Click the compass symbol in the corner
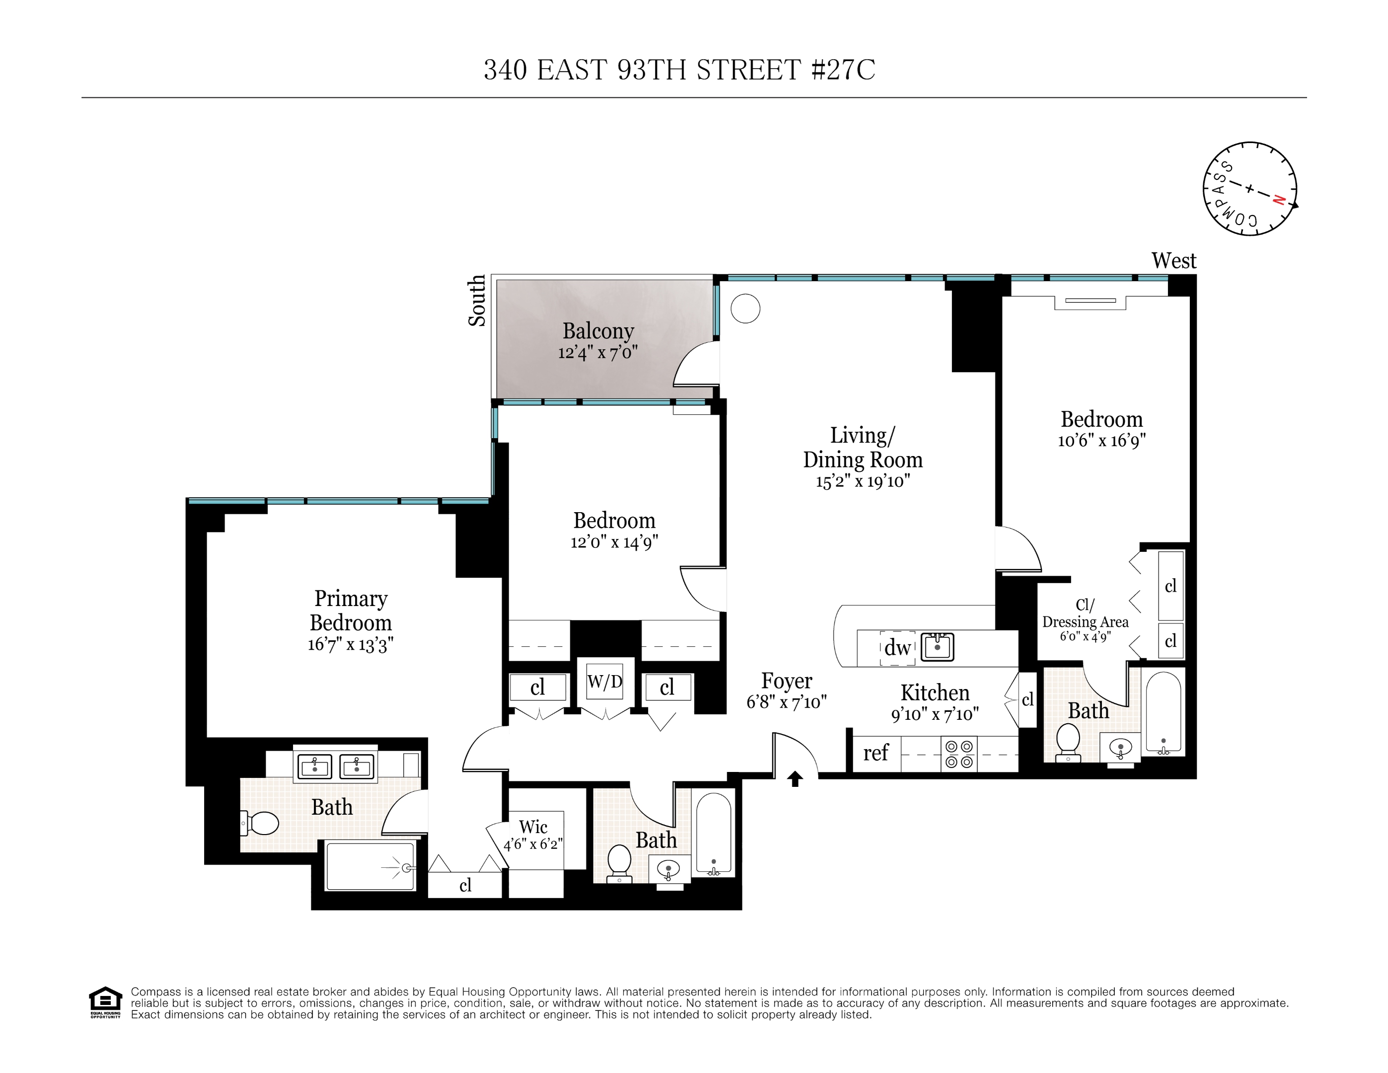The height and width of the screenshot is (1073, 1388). pyautogui.click(x=1249, y=189)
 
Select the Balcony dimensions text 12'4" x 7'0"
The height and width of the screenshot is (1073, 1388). pyautogui.click(x=597, y=353)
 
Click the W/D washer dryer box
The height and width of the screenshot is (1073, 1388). pyautogui.click(x=604, y=682)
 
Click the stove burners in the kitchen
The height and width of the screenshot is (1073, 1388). pyautogui.click(x=959, y=754)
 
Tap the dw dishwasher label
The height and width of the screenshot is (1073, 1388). pyautogui.click(x=897, y=648)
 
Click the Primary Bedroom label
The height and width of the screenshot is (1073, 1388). pyautogui.click(x=351, y=610)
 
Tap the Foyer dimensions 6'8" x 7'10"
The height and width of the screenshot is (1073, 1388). pyautogui.click(x=786, y=702)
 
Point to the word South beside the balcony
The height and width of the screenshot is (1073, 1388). pyautogui.click(x=477, y=301)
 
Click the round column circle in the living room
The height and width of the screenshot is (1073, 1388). pyautogui.click(x=745, y=309)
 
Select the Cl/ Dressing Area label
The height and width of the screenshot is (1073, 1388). pyautogui.click(x=1085, y=613)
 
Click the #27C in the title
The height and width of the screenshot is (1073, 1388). pyautogui.click(x=843, y=70)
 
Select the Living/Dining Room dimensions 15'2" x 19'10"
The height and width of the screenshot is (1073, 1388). pyautogui.click(x=863, y=481)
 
